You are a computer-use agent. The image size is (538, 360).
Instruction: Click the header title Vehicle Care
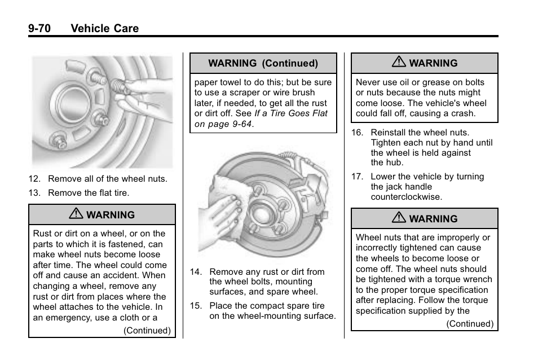click(105, 28)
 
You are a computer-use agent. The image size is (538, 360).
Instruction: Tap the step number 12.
click(35, 179)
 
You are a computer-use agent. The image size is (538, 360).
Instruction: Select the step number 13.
click(35, 193)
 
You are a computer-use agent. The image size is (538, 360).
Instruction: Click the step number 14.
click(196, 272)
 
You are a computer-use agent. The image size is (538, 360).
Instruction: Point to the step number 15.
click(196, 306)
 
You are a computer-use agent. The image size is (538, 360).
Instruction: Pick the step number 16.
click(356, 133)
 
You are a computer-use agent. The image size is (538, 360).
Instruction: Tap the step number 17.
click(356, 177)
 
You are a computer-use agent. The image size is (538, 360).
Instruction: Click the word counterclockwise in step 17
click(398, 197)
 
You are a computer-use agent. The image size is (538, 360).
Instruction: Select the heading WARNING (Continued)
click(263, 64)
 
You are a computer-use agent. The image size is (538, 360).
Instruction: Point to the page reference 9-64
click(239, 124)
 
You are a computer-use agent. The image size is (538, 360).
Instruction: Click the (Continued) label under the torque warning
click(469, 324)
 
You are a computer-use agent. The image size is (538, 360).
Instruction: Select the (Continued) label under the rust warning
click(147, 331)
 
